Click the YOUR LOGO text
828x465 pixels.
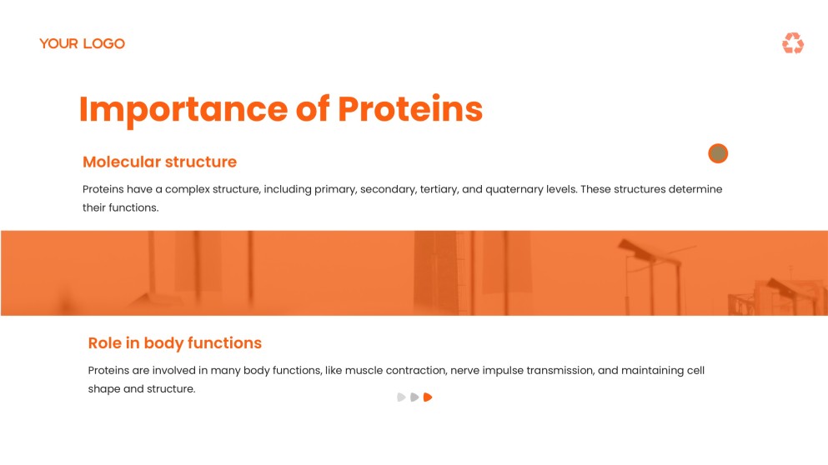click(82, 43)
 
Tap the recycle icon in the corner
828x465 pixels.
click(792, 43)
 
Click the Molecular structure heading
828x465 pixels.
click(159, 162)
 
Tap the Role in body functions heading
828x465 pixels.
click(174, 342)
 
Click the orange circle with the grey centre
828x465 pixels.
click(718, 153)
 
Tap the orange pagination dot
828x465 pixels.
click(428, 397)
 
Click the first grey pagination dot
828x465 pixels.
click(401, 397)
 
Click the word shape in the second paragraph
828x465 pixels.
click(103, 388)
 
